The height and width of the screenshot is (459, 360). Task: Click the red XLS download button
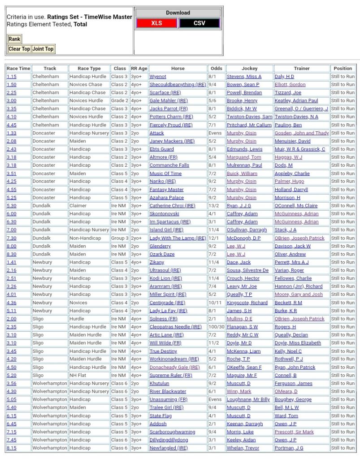coord(156,23)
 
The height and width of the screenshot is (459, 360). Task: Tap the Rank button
coord(14,39)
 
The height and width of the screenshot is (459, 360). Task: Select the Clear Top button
coord(19,49)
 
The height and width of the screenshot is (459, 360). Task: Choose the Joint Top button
coord(43,49)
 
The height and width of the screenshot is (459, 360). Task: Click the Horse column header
coord(178,69)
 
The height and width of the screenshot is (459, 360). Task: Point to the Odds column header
coord(216,69)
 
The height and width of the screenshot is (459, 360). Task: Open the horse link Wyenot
coord(158,77)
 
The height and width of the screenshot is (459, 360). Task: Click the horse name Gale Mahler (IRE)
coord(168,101)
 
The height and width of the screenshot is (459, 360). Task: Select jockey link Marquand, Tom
coord(244,157)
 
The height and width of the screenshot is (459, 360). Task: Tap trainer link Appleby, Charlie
coord(292,173)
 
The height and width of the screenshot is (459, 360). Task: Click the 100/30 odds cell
coord(216,327)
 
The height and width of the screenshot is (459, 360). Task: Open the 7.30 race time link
coord(11,238)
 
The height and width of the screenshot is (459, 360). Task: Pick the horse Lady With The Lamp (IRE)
coord(178,238)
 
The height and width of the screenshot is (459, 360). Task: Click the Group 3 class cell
coord(120,238)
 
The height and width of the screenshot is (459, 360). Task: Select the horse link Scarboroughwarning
coord(172,432)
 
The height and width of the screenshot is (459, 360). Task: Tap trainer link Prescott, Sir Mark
coord(294,432)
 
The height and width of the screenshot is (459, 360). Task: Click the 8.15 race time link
coord(11,448)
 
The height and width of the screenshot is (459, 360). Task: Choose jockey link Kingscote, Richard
coord(247,303)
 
